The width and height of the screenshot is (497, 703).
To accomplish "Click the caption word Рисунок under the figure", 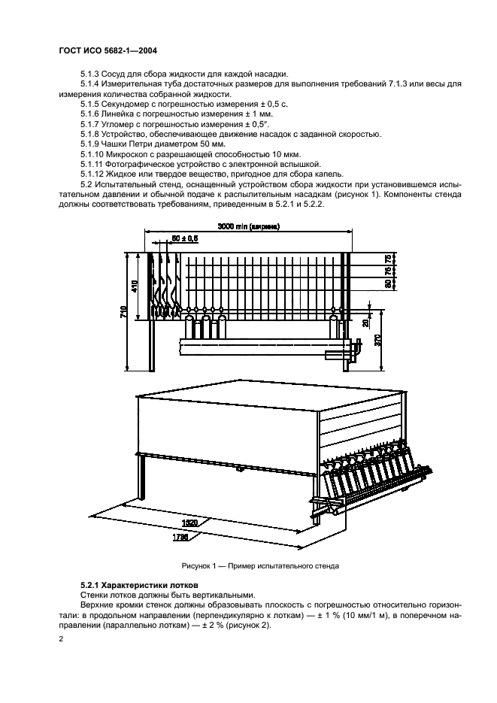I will pos(198,565).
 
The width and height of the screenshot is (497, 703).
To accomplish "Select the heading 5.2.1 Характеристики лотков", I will pos(139,584).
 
